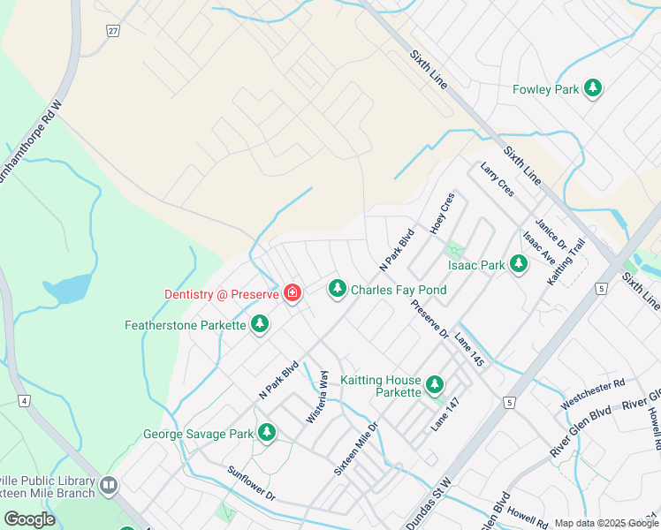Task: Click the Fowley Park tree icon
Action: coord(595,88)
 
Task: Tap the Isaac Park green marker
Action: coord(519,264)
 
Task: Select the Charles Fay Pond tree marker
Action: coord(337,289)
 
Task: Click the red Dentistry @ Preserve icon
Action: coord(291,293)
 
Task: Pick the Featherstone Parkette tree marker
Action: coord(260,325)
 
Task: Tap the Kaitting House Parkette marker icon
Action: coord(434,384)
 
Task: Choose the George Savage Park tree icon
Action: coord(266,433)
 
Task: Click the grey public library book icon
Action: coord(109,485)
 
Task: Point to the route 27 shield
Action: coord(113,31)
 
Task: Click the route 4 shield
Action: coord(24,401)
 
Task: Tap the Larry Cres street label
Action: coord(497,179)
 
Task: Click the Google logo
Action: coord(30,519)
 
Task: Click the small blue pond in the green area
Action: coord(67,288)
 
